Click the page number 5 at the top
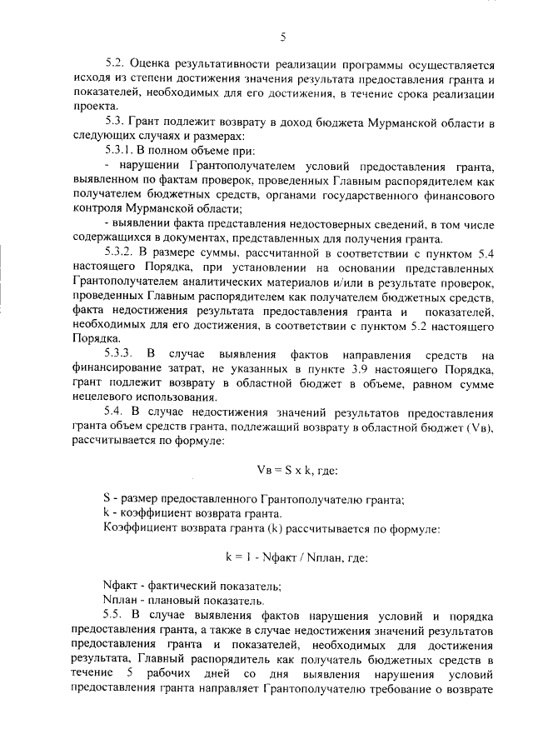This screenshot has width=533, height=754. [x=283, y=37]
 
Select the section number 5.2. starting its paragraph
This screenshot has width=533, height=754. [x=117, y=63]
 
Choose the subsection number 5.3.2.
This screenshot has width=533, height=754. [x=122, y=251]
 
